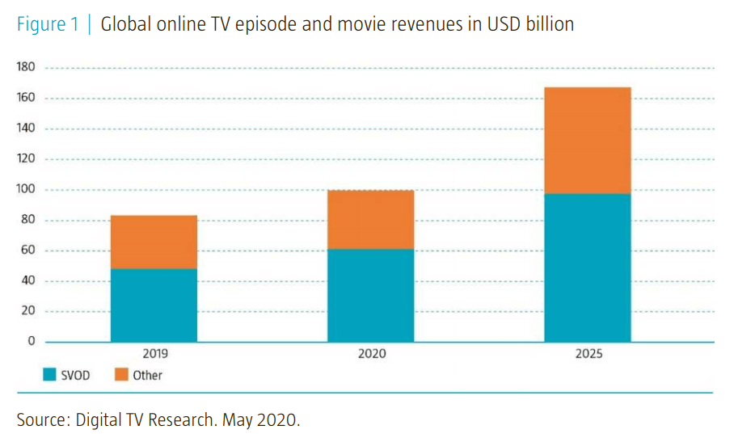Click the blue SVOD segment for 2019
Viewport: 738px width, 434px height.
[x=154, y=305]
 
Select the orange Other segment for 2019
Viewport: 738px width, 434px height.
[x=154, y=242]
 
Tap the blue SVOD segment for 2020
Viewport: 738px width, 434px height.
[x=370, y=295]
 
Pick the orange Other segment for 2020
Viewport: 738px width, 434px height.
[x=370, y=219]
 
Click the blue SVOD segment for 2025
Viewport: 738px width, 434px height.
[x=587, y=268]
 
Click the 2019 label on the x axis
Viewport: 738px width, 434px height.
[x=154, y=354]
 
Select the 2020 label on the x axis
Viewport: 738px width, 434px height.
[x=371, y=354]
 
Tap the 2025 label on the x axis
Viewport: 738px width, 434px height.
[x=588, y=354]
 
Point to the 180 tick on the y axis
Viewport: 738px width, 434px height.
[x=26, y=67]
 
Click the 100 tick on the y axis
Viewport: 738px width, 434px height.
[x=26, y=189]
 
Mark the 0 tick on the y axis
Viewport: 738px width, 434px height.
[x=32, y=341]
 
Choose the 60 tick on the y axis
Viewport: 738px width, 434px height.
[x=28, y=250]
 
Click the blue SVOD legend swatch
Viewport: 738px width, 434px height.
[x=49, y=374]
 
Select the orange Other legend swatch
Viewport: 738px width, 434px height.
[x=120, y=374]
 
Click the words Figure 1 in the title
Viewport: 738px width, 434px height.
[x=48, y=24]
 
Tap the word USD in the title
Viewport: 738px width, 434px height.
[x=500, y=24]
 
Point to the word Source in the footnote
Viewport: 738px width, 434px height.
[x=41, y=419]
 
